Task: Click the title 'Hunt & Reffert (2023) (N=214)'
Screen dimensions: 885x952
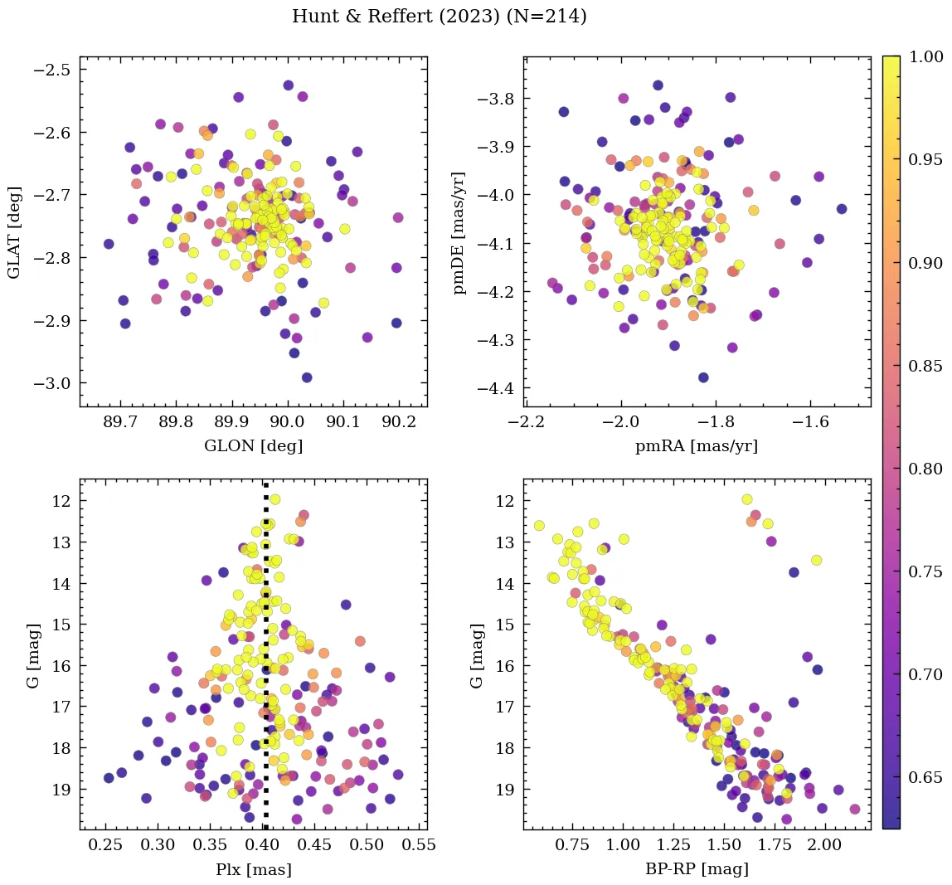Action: click(x=439, y=17)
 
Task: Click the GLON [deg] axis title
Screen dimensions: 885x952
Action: click(x=253, y=446)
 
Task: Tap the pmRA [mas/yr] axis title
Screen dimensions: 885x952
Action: click(x=696, y=446)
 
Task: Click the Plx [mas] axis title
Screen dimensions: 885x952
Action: click(x=253, y=869)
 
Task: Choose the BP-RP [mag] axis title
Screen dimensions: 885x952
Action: click(x=696, y=869)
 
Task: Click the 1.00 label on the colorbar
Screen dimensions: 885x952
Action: click(x=927, y=57)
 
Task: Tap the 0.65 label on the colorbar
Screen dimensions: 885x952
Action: click(x=927, y=778)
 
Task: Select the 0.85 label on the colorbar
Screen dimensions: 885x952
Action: click(x=927, y=366)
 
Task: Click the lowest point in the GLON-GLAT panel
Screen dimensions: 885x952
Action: click(x=307, y=377)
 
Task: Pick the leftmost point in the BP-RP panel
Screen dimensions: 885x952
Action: click(x=539, y=525)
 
